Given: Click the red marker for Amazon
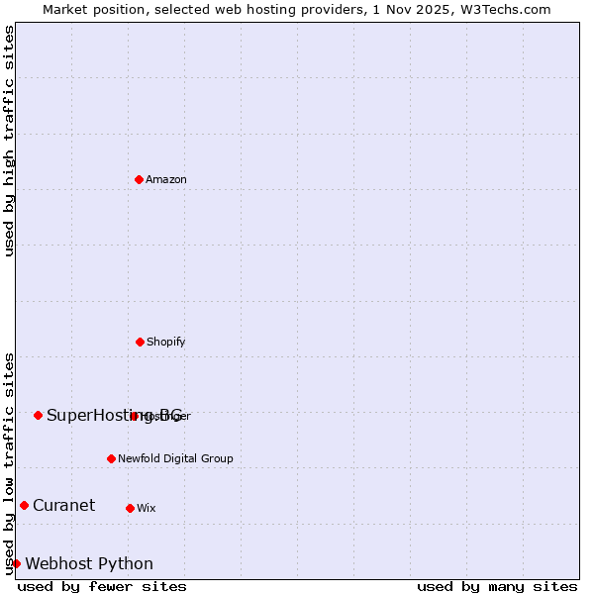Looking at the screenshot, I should (x=139, y=179).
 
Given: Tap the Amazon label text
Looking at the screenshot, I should (x=166, y=180).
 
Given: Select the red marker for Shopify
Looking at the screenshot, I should (x=140, y=342).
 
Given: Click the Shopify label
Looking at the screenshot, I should (x=166, y=343).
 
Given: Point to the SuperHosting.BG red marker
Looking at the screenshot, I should (x=38, y=415).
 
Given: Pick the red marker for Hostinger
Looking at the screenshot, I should (x=134, y=416).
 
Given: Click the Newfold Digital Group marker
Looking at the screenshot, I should (x=111, y=458).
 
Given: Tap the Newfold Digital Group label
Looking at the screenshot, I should (x=175, y=459).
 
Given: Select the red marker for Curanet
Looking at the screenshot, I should (x=24, y=505).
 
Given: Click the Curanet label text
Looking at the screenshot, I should (x=63, y=506).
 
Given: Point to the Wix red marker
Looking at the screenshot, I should (x=130, y=508).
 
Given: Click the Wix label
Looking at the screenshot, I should (x=147, y=509).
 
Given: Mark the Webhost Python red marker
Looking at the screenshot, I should (x=16, y=563).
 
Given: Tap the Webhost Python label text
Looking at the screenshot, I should (x=89, y=564).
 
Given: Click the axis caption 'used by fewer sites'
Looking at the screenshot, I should (x=102, y=586).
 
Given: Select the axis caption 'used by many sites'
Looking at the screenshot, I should (x=497, y=586).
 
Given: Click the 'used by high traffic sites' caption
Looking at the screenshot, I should (x=9, y=141).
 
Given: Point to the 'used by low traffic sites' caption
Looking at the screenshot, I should (x=9, y=463).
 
